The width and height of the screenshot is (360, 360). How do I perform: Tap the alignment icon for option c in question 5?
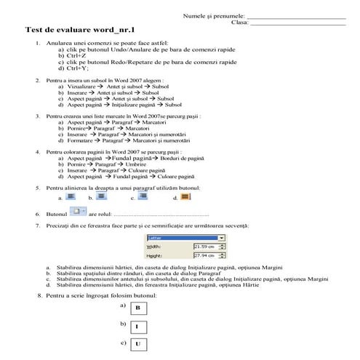coord(143,196)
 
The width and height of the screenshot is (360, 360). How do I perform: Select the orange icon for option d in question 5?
coord(185,196)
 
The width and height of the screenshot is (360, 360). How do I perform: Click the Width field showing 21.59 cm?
coord(208,247)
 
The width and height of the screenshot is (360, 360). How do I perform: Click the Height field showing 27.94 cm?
coord(208,256)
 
